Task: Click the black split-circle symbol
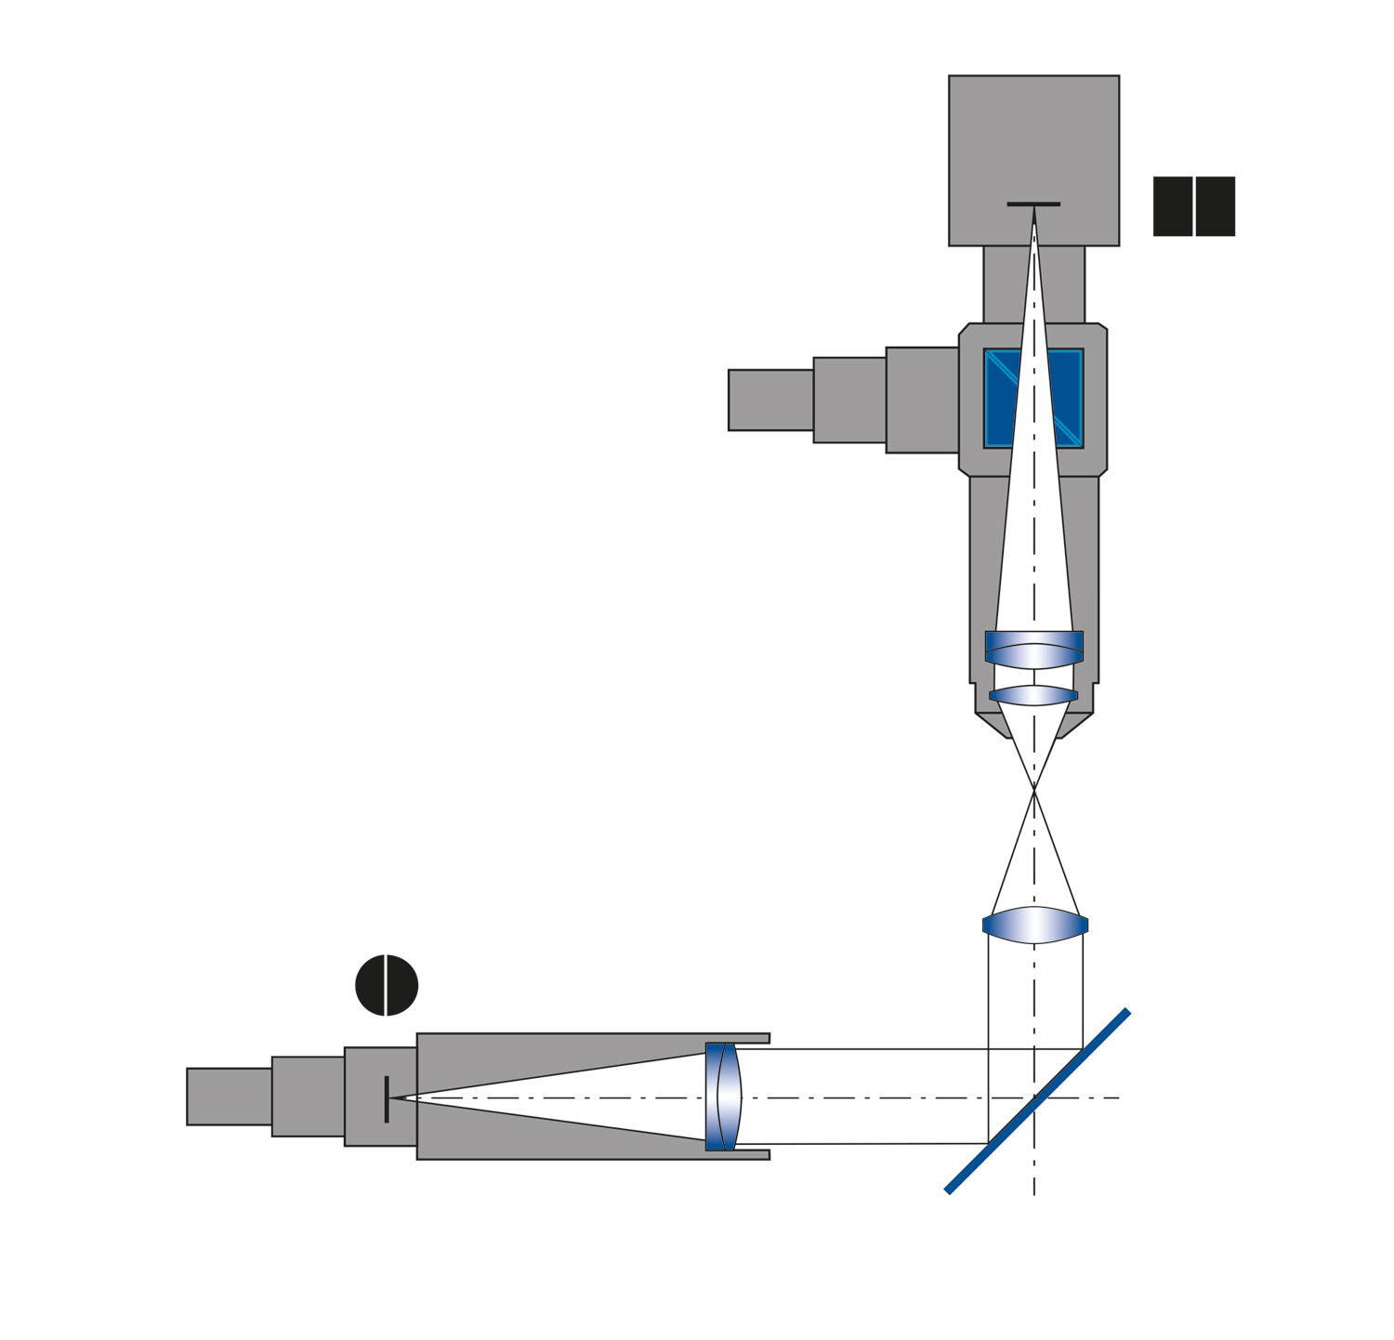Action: pos(387,985)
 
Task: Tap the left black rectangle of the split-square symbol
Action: pos(1172,206)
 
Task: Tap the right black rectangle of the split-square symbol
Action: pos(1216,206)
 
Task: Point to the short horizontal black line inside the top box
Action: pos(1033,204)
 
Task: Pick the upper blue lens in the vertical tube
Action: pos(1033,650)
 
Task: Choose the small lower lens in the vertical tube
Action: pos(1033,695)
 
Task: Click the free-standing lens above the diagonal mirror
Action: pos(1034,926)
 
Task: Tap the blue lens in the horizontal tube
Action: pos(723,1097)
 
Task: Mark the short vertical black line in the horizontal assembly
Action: pos(387,1098)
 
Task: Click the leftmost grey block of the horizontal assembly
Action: pos(230,1097)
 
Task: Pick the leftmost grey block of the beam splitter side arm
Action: pos(770,400)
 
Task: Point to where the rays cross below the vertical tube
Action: pos(1034,790)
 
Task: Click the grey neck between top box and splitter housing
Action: pos(1004,284)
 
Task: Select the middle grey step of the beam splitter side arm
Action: pos(849,400)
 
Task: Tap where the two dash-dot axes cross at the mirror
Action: pos(1034,1098)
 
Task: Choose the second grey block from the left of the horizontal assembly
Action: pos(309,1097)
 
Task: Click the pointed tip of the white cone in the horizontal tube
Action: pos(392,1098)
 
